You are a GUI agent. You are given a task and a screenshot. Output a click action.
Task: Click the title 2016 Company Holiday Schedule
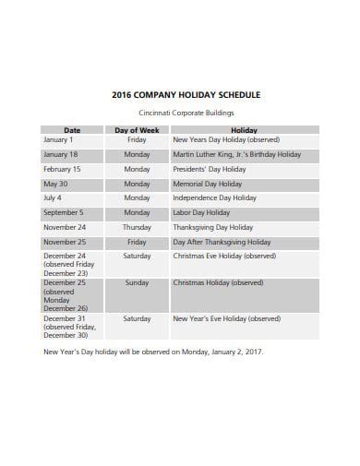[x=186, y=94]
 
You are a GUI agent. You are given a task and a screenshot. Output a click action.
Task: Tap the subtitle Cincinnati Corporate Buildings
[x=186, y=113]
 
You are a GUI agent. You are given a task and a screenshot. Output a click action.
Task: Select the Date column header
[x=72, y=130]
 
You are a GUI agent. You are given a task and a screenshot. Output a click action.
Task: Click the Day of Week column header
[x=137, y=130]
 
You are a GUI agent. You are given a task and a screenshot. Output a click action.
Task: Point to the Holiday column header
[x=244, y=130]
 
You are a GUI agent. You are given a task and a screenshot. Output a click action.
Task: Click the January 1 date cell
[x=57, y=140]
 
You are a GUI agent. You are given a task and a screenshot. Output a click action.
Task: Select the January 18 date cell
[x=60, y=155]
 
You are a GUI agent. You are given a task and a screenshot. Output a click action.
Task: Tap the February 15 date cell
[x=62, y=170]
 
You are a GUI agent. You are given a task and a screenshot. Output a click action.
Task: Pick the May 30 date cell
[x=56, y=184]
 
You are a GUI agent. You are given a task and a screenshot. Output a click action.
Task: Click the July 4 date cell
[x=53, y=197]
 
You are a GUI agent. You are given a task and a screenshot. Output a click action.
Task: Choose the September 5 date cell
[x=63, y=212]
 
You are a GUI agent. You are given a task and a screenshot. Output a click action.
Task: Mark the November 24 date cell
[x=65, y=227]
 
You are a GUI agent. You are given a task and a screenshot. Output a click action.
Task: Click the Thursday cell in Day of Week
[x=137, y=227]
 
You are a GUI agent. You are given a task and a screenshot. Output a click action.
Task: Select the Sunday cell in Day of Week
[x=137, y=283]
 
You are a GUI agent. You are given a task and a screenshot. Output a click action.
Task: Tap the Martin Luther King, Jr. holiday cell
[x=236, y=155]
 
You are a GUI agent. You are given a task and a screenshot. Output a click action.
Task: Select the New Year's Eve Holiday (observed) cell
[x=226, y=318]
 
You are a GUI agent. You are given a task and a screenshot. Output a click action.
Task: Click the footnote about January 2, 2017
[x=153, y=351]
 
